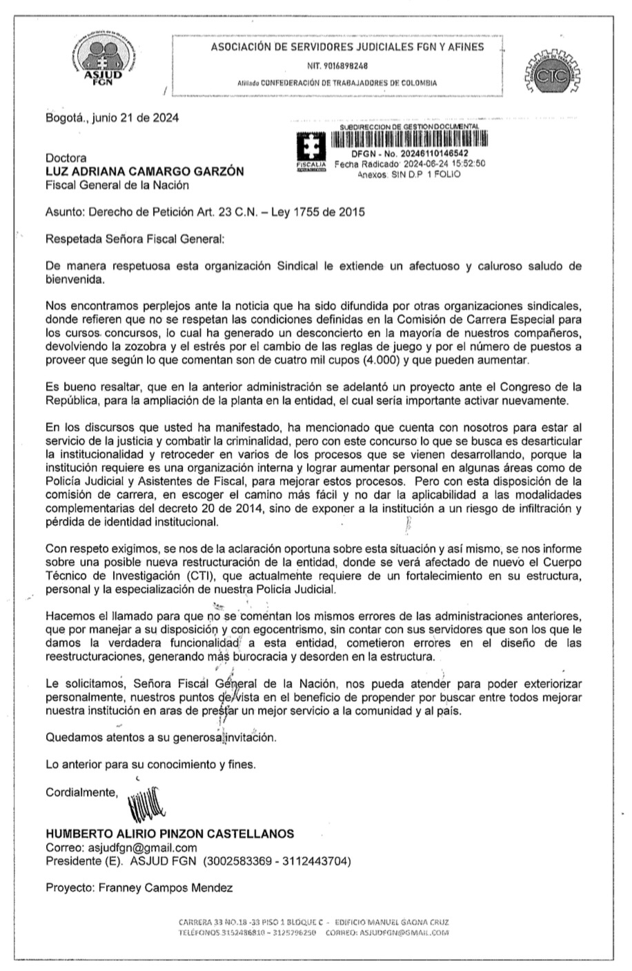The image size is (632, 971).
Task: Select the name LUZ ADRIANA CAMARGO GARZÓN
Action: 144,171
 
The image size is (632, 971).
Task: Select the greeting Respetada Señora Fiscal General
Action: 135,239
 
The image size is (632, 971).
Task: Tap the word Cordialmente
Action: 81,792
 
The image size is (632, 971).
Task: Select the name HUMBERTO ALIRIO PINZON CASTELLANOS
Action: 170,834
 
